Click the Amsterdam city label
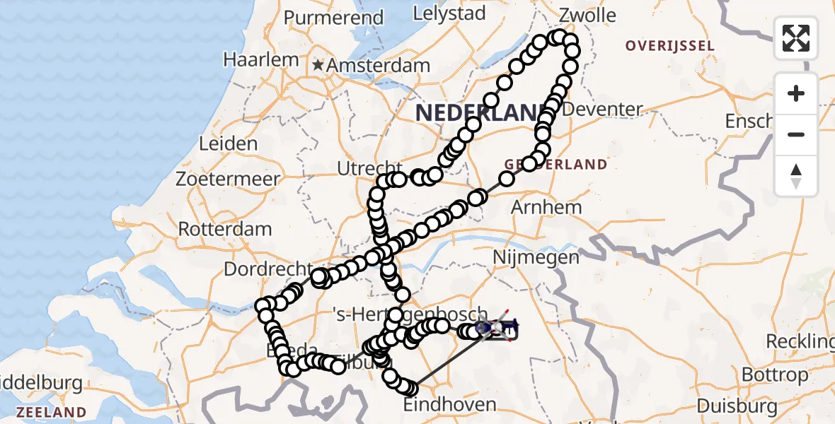point(379,66)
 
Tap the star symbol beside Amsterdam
point(318,65)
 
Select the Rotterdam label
point(225,230)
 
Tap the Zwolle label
point(587,16)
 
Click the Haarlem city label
point(261,60)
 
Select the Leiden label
point(228,144)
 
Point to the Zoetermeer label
point(229,179)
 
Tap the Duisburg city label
point(737,406)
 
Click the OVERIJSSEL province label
point(669,46)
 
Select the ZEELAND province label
point(52,412)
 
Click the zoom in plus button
point(796,93)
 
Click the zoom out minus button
point(796,134)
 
